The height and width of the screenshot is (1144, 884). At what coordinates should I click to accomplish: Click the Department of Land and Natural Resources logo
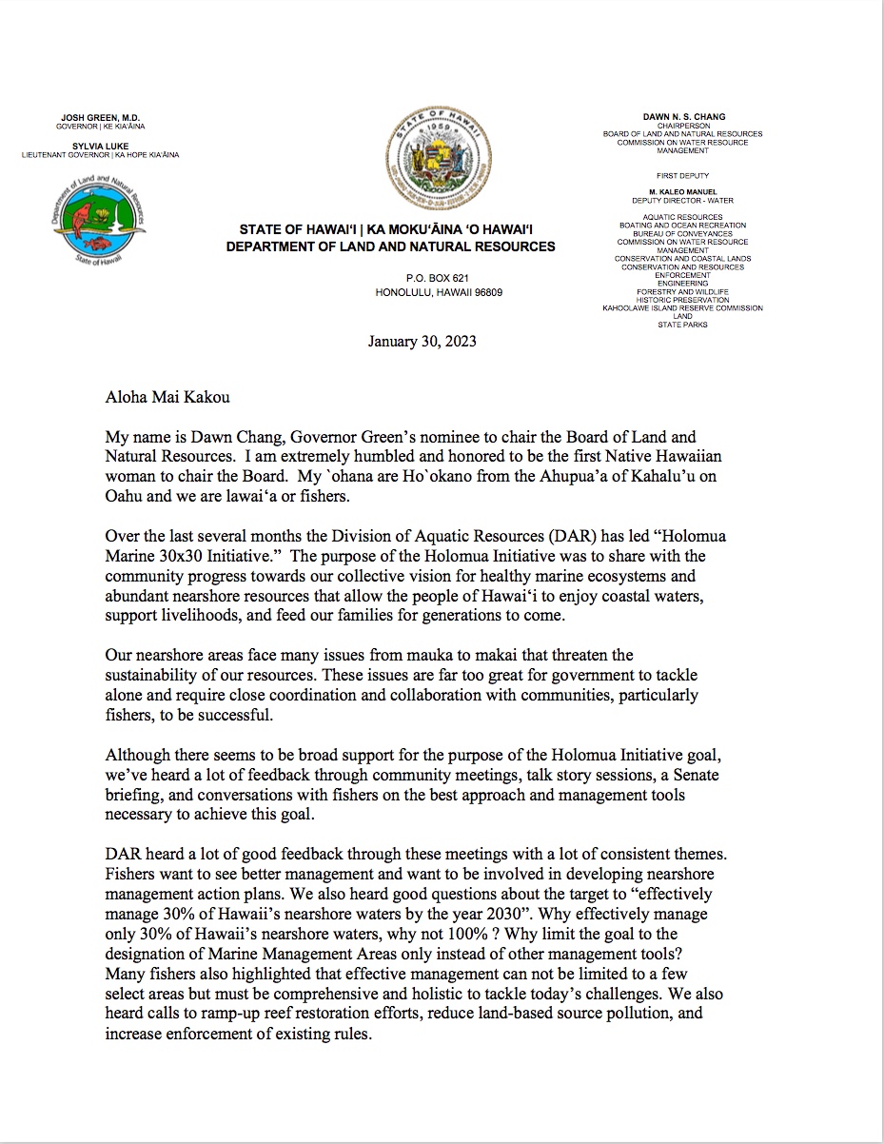click(x=99, y=220)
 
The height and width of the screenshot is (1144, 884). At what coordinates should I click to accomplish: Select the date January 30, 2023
click(x=422, y=341)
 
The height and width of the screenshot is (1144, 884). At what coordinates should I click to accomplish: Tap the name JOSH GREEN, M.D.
click(x=101, y=117)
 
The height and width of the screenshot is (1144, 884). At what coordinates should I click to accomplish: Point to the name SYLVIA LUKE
click(x=101, y=146)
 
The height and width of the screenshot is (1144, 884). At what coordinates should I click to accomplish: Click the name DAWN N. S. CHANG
click(x=683, y=117)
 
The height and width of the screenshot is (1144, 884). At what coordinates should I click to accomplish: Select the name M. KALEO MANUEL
click(x=682, y=192)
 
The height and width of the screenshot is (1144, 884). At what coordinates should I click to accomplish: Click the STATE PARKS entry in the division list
click(x=682, y=325)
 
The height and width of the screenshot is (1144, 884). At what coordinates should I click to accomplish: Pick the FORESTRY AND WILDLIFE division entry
click(x=682, y=291)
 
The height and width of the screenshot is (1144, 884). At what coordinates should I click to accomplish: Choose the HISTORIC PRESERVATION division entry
click(x=682, y=300)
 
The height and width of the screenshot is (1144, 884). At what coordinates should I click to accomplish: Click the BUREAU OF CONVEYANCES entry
click(x=682, y=233)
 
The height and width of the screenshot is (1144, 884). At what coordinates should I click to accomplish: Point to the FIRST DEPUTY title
click(x=682, y=176)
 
